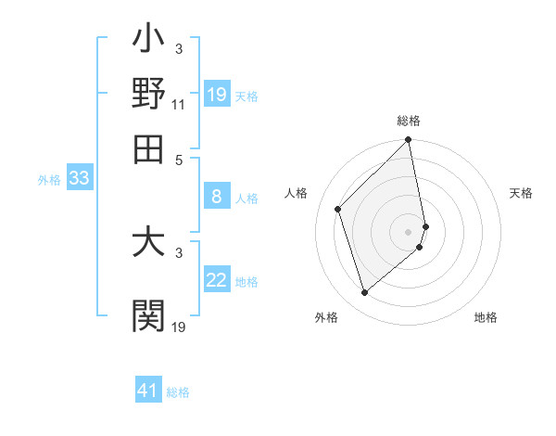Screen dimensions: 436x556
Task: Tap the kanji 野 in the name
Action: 148,95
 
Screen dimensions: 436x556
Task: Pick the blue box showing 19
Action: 217,95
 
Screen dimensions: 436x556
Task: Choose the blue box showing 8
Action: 217,197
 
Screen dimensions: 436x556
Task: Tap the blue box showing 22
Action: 217,280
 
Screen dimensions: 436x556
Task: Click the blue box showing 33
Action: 79,178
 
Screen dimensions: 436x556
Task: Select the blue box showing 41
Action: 148,391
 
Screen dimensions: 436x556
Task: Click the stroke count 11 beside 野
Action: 179,106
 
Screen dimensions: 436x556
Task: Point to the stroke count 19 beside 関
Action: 179,327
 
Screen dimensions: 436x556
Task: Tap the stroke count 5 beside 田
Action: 179,159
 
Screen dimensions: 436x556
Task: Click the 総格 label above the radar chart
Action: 409,121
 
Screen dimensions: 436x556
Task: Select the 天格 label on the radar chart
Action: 521,193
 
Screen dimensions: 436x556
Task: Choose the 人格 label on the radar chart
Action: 297,193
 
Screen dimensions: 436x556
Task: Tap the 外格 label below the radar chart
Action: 326,317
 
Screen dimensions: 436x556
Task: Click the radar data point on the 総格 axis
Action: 409,141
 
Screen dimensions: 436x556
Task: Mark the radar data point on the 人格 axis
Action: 338,209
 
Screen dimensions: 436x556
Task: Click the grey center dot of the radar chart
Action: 409,231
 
